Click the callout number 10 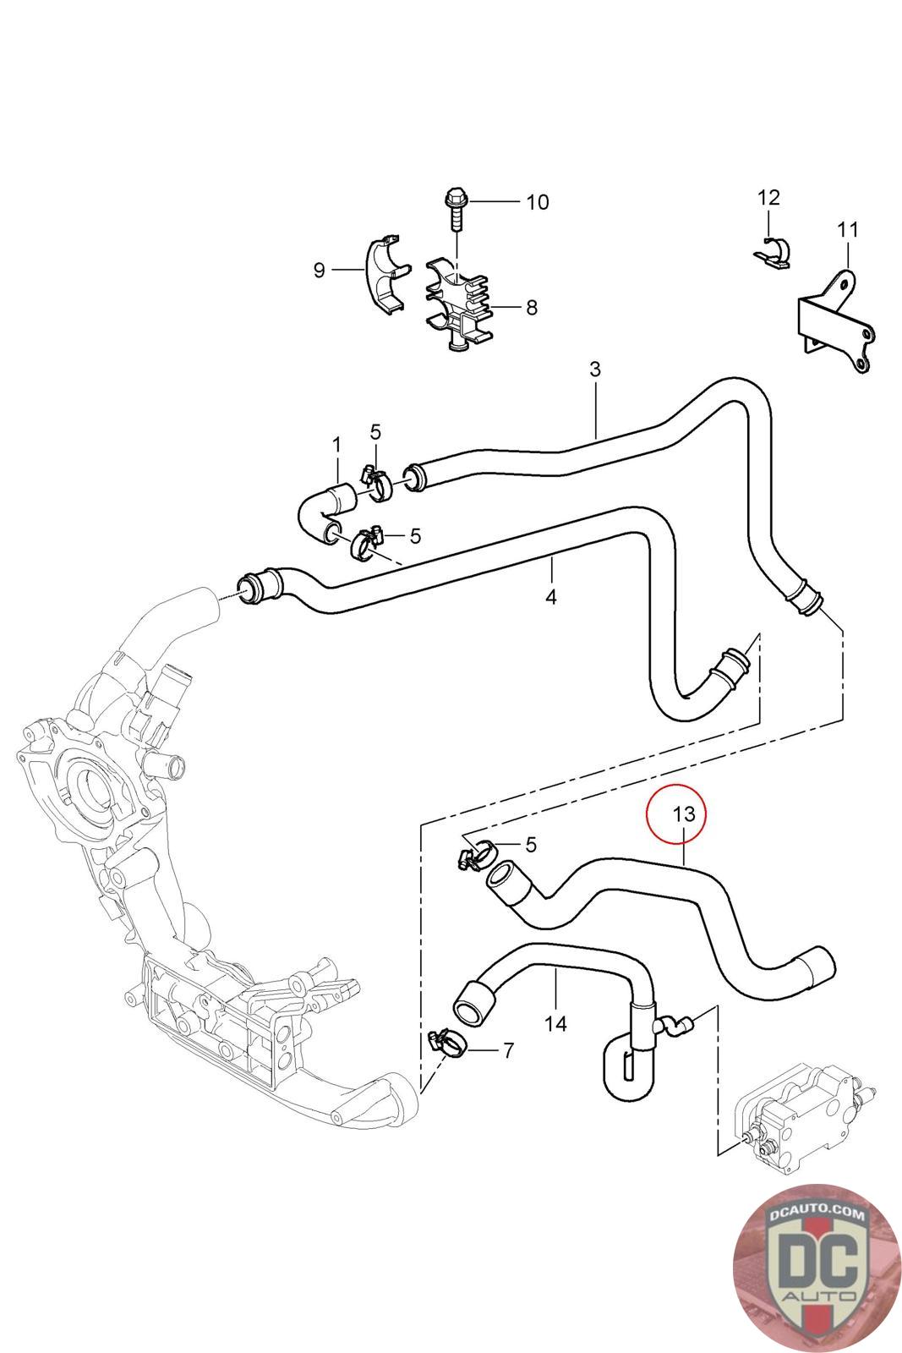click(537, 201)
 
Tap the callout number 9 click(320, 270)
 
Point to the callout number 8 click(531, 308)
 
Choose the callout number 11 click(848, 229)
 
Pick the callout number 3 click(594, 369)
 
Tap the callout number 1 click(336, 445)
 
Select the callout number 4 click(550, 597)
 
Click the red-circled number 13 click(683, 813)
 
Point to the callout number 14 click(555, 1023)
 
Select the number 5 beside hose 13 click(531, 845)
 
